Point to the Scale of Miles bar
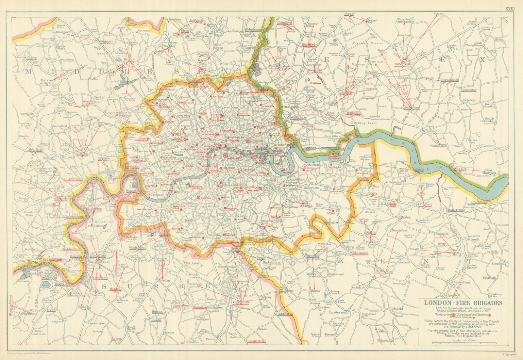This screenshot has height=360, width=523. coord(464,343)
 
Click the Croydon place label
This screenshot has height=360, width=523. coord(241,302)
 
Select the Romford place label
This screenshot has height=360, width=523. coord(402,64)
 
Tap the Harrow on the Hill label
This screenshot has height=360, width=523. coord(47,82)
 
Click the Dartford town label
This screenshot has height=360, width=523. coord(456,210)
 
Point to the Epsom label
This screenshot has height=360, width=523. coord(116,339)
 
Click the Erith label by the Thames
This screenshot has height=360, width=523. coord(419,170)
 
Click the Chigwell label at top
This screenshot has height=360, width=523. coord(349,14)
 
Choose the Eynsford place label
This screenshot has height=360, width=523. coord(454,295)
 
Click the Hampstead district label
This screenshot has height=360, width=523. coord(168,95)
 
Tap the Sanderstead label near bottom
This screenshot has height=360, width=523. coord(257,341)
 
